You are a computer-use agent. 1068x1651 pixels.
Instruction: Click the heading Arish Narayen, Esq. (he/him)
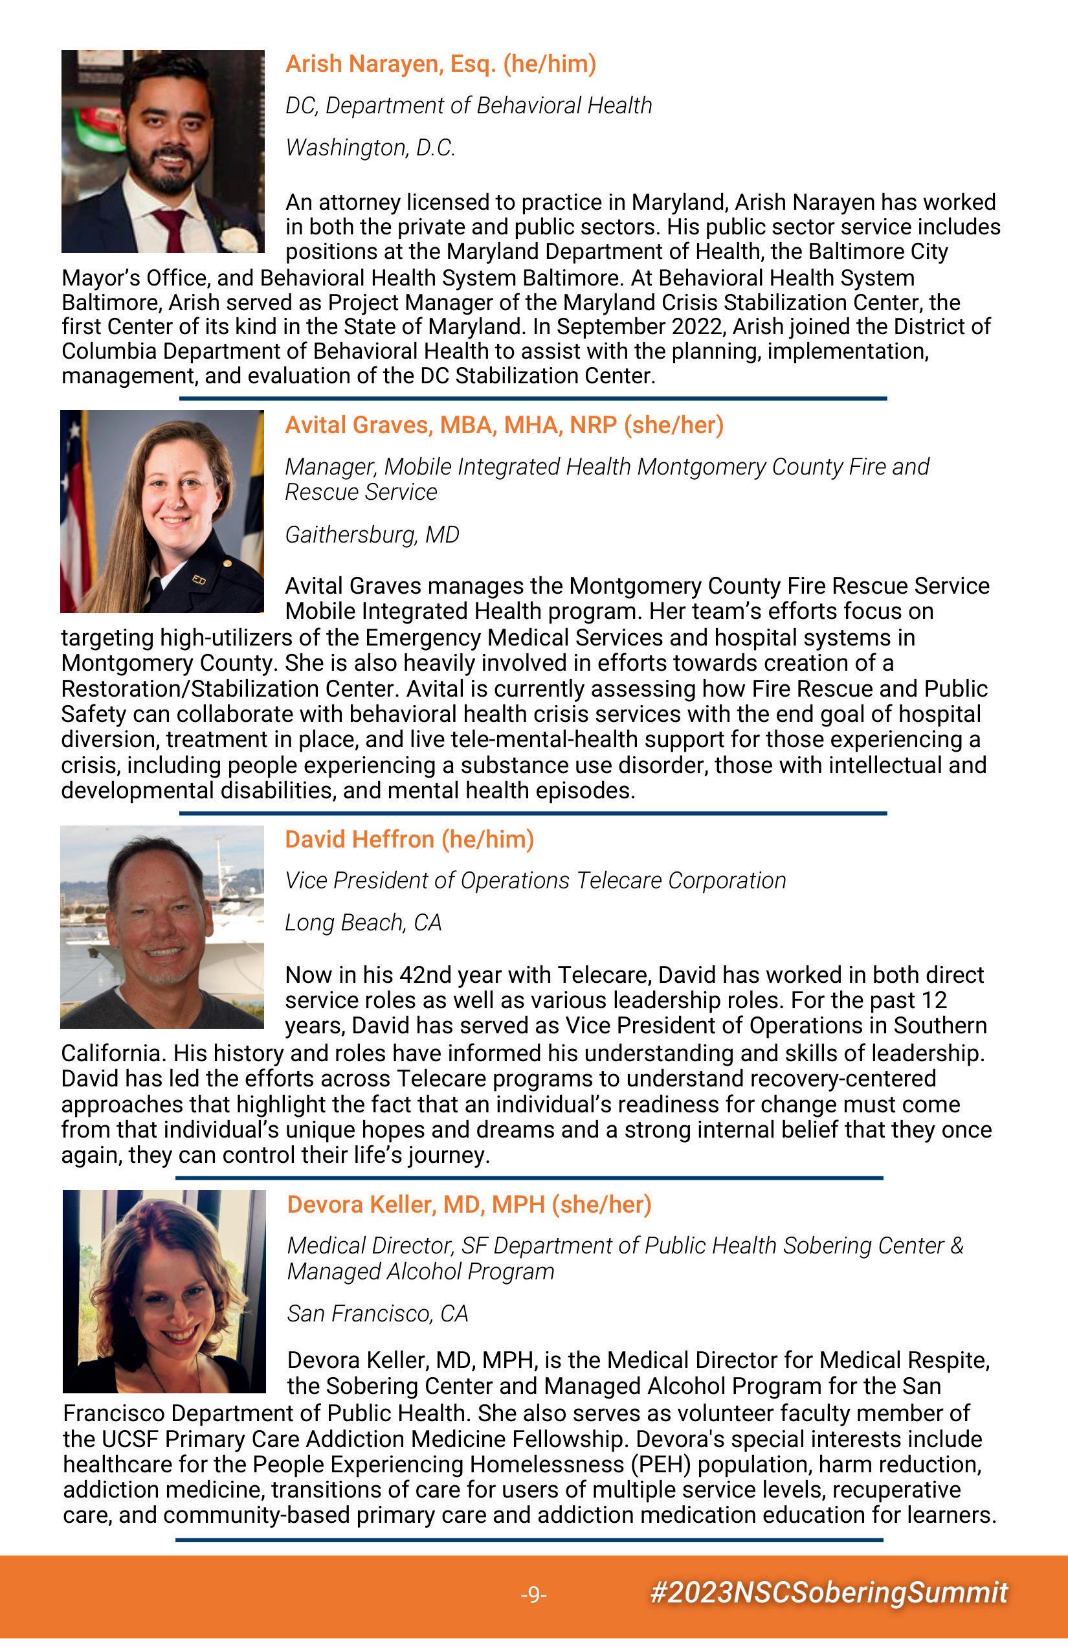pos(440,64)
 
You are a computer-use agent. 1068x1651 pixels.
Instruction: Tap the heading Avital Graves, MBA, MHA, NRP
pos(504,425)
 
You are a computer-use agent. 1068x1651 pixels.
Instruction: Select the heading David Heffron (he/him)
pos(409,838)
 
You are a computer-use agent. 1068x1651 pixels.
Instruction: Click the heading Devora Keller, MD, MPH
pos(469,1204)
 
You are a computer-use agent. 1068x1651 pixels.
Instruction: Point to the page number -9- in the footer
pos(533,1595)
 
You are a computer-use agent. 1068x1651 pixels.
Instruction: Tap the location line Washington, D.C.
pos(370,148)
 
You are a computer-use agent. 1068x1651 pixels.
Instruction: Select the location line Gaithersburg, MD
pos(372,534)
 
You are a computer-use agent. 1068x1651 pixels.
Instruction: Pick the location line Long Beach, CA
pos(362,922)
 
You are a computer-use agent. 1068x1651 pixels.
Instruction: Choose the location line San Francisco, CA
pos(377,1313)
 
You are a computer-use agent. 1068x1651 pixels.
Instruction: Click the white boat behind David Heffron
pos(236,930)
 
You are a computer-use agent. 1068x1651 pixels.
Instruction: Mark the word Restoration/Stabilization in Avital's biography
pos(230,688)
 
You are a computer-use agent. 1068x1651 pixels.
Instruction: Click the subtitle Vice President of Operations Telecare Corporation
pos(535,881)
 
